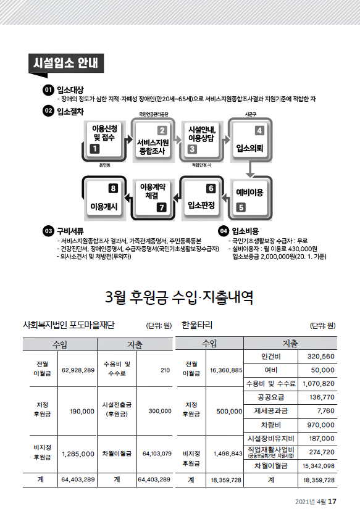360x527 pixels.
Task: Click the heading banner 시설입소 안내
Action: pyautogui.click(x=66, y=63)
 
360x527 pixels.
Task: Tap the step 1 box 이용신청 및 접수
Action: pyautogui.click(x=104, y=140)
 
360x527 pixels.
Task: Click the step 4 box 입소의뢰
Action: pyautogui.click(x=250, y=140)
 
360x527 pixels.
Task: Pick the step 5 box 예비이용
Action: pyautogui.click(x=250, y=198)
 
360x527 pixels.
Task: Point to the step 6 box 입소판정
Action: pyautogui.click(x=201, y=198)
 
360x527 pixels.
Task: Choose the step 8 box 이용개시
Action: pyautogui.click(x=104, y=198)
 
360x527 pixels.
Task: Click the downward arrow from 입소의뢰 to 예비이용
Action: pyautogui.click(x=249, y=169)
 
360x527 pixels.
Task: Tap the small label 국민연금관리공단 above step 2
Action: pyautogui.click(x=153, y=115)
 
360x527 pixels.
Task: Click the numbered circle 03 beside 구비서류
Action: pyautogui.click(x=48, y=231)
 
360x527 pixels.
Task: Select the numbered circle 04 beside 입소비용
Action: pyautogui.click(x=224, y=231)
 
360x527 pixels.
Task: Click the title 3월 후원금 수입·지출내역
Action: pyautogui.click(x=179, y=297)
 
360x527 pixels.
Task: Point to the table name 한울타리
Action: pyautogui.click(x=197, y=325)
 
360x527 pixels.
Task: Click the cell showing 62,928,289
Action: pyautogui.click(x=78, y=370)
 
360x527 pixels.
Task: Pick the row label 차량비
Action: pyautogui.click(x=271, y=425)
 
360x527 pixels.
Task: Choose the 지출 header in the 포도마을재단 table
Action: pyautogui.click(x=135, y=344)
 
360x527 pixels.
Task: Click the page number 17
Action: pyautogui.click(x=332, y=502)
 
